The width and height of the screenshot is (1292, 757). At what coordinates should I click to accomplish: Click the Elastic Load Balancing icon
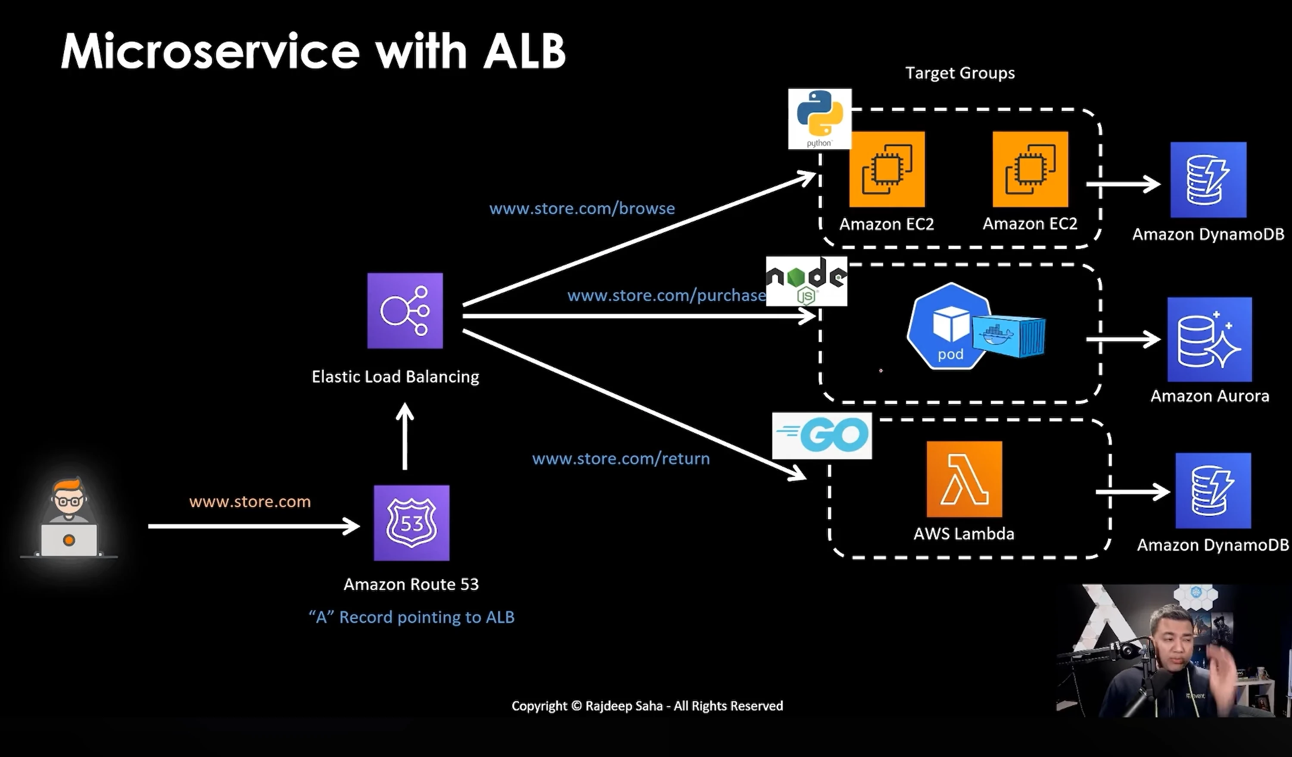[x=405, y=311]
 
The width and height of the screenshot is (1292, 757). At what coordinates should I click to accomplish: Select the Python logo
[x=820, y=119]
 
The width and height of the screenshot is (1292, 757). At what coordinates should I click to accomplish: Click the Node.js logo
[x=806, y=281]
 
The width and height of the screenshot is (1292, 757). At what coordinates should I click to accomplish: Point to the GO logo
[x=822, y=436]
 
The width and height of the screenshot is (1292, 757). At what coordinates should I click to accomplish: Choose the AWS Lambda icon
[x=964, y=479]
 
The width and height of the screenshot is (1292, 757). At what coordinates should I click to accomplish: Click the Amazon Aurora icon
[x=1209, y=340]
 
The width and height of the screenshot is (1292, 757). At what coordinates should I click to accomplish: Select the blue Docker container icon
[x=1009, y=336]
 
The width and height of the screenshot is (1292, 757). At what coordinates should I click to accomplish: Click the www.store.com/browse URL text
[x=582, y=209]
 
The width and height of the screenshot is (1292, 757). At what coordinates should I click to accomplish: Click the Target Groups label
[x=960, y=73]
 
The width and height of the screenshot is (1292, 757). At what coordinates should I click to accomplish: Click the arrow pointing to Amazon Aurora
[x=1123, y=339]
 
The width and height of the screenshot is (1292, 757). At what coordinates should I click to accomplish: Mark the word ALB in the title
[x=524, y=51]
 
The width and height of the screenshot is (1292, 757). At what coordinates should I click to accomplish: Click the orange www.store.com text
[x=250, y=502]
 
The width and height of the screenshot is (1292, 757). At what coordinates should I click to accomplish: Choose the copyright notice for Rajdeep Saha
[x=647, y=706]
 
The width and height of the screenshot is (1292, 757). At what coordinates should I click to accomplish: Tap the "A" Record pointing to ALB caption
[x=411, y=617]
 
